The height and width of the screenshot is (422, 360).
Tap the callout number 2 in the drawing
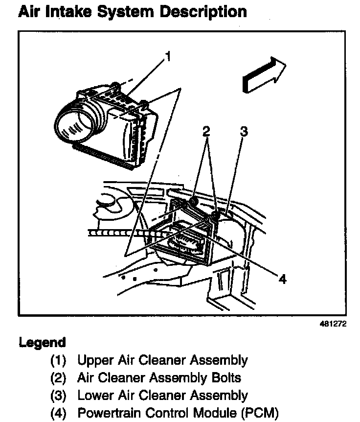(206, 131)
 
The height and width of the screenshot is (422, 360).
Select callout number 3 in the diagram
(244, 131)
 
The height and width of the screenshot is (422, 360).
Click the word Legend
(42, 342)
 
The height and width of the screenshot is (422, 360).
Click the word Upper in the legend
(94, 361)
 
